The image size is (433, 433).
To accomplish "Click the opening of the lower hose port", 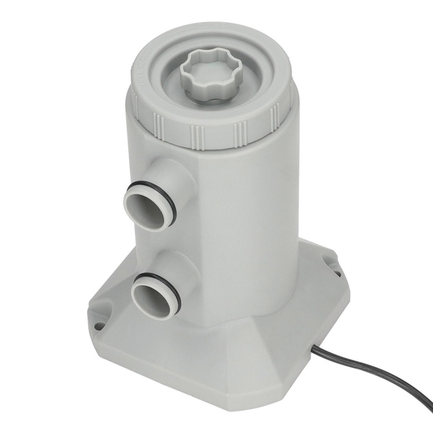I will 153,296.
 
